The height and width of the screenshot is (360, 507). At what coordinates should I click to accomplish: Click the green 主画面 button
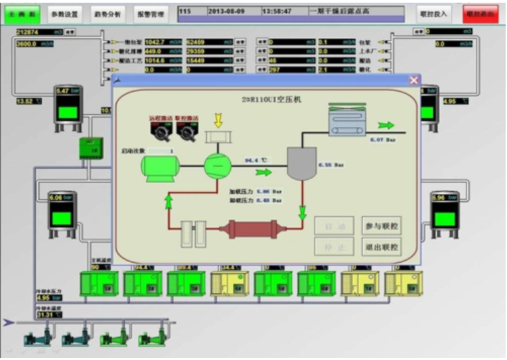pos(21,14)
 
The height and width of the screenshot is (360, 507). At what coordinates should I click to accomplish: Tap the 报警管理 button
pos(150,14)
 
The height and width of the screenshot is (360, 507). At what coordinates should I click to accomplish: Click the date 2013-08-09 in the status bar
pos(227,11)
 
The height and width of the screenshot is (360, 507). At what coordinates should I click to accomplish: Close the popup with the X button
pos(414,80)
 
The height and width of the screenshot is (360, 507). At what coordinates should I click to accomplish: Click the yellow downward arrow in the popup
pos(217,120)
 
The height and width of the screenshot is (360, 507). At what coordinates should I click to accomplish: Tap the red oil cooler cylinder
pos(248,229)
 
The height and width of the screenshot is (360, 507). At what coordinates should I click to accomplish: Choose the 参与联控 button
pos(381,226)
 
